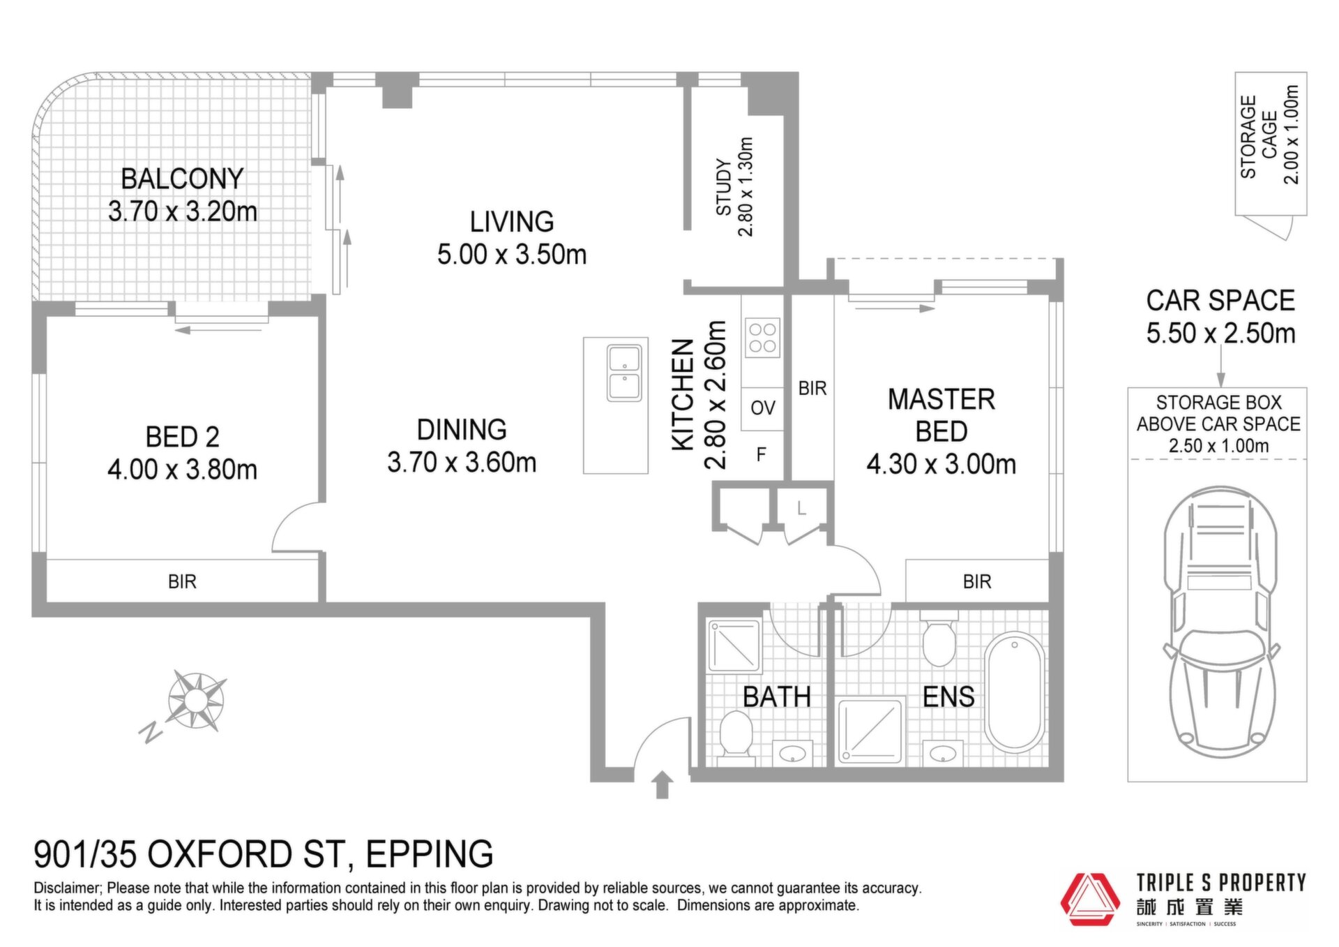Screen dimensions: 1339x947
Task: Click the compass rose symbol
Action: click(x=197, y=700)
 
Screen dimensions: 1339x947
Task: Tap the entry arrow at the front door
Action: click(x=663, y=784)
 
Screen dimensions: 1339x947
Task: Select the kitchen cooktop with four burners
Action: click(x=762, y=338)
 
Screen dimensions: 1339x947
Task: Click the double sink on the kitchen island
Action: click(x=624, y=373)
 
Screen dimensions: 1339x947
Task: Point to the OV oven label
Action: click(x=763, y=408)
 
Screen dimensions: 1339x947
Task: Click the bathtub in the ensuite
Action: click(x=1015, y=692)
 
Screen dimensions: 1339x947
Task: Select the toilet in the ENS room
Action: click(x=939, y=640)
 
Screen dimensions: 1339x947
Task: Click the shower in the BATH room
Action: click(x=734, y=646)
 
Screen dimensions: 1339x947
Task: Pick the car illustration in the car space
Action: click(x=1220, y=622)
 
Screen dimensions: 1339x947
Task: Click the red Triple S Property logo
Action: click(x=1090, y=900)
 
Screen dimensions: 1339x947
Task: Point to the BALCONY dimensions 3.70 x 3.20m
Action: click(x=183, y=211)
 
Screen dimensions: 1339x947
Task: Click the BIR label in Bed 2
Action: click(x=182, y=581)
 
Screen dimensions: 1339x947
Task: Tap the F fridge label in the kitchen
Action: click(x=762, y=455)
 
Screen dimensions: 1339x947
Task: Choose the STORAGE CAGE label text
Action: click(x=1259, y=137)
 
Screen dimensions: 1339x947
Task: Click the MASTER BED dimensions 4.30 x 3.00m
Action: click(x=941, y=464)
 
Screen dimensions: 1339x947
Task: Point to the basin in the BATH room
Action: click(x=792, y=753)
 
